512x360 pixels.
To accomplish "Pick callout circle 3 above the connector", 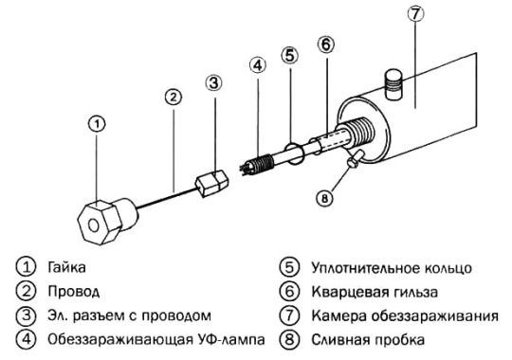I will (214, 82).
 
